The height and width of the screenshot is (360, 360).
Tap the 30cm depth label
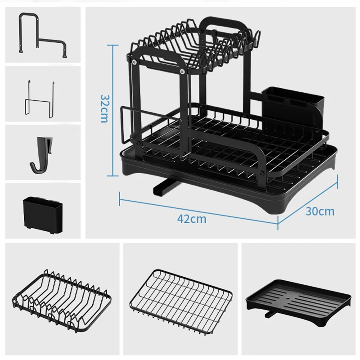(x=320, y=211)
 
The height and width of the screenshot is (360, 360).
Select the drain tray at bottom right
(x=299, y=299)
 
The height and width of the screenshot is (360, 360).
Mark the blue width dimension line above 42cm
(x=198, y=205)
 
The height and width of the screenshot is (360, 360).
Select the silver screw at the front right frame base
(x=262, y=172)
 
